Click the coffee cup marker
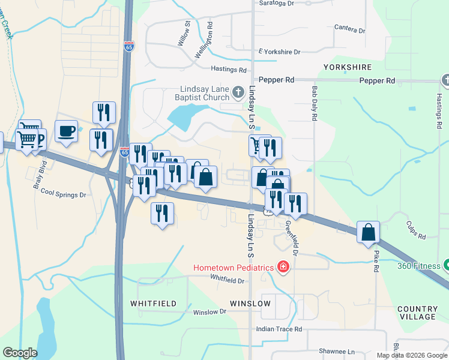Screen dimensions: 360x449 (x=66, y=130)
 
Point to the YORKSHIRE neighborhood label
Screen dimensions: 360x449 (x=348, y=67)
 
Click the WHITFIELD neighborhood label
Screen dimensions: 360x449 (x=154, y=304)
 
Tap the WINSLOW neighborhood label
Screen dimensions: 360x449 (x=250, y=304)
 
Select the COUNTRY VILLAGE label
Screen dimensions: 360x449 (x=417, y=313)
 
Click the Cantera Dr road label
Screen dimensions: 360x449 (x=350, y=29)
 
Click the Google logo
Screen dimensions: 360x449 (x=20, y=353)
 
